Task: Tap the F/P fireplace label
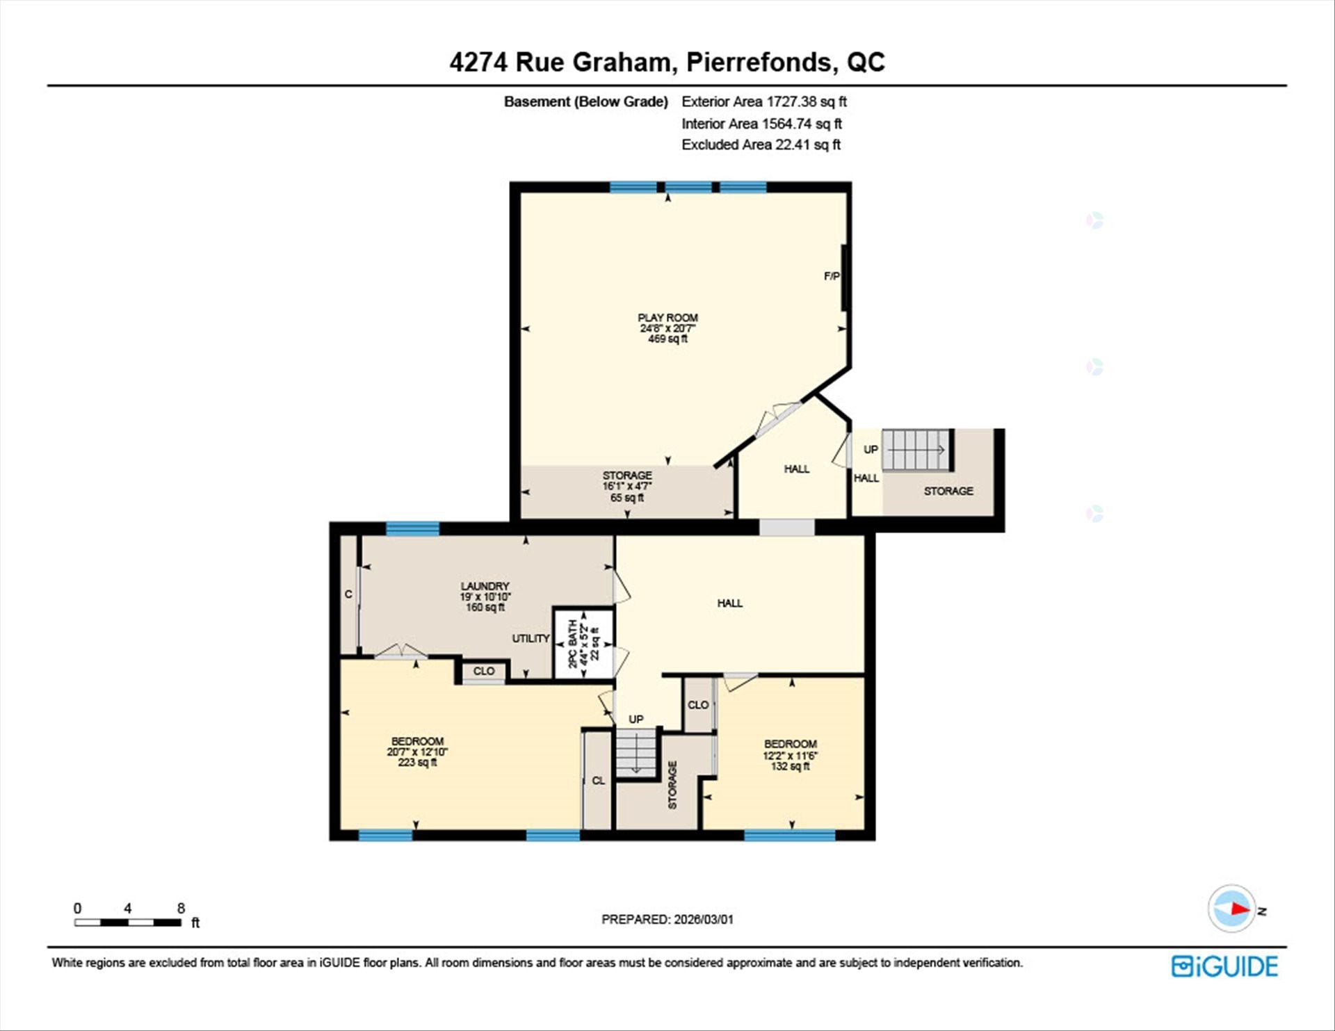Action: click(832, 276)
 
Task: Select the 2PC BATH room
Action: click(583, 644)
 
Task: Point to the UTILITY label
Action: click(531, 638)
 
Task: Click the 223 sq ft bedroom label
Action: click(417, 752)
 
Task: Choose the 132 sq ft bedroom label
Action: click(791, 755)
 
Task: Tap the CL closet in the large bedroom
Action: click(598, 780)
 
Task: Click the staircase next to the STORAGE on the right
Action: click(916, 450)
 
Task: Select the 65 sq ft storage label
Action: click(627, 487)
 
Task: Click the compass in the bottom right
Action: click(1232, 908)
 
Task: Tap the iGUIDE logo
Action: click(1224, 966)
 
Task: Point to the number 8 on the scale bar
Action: click(181, 908)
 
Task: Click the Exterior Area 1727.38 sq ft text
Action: click(764, 102)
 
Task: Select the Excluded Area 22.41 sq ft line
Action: click(761, 145)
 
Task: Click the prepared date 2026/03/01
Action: click(703, 919)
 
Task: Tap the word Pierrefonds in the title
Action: click(759, 62)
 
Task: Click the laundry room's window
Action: click(412, 529)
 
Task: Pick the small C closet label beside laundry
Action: click(348, 594)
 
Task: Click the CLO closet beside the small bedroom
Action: click(698, 705)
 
